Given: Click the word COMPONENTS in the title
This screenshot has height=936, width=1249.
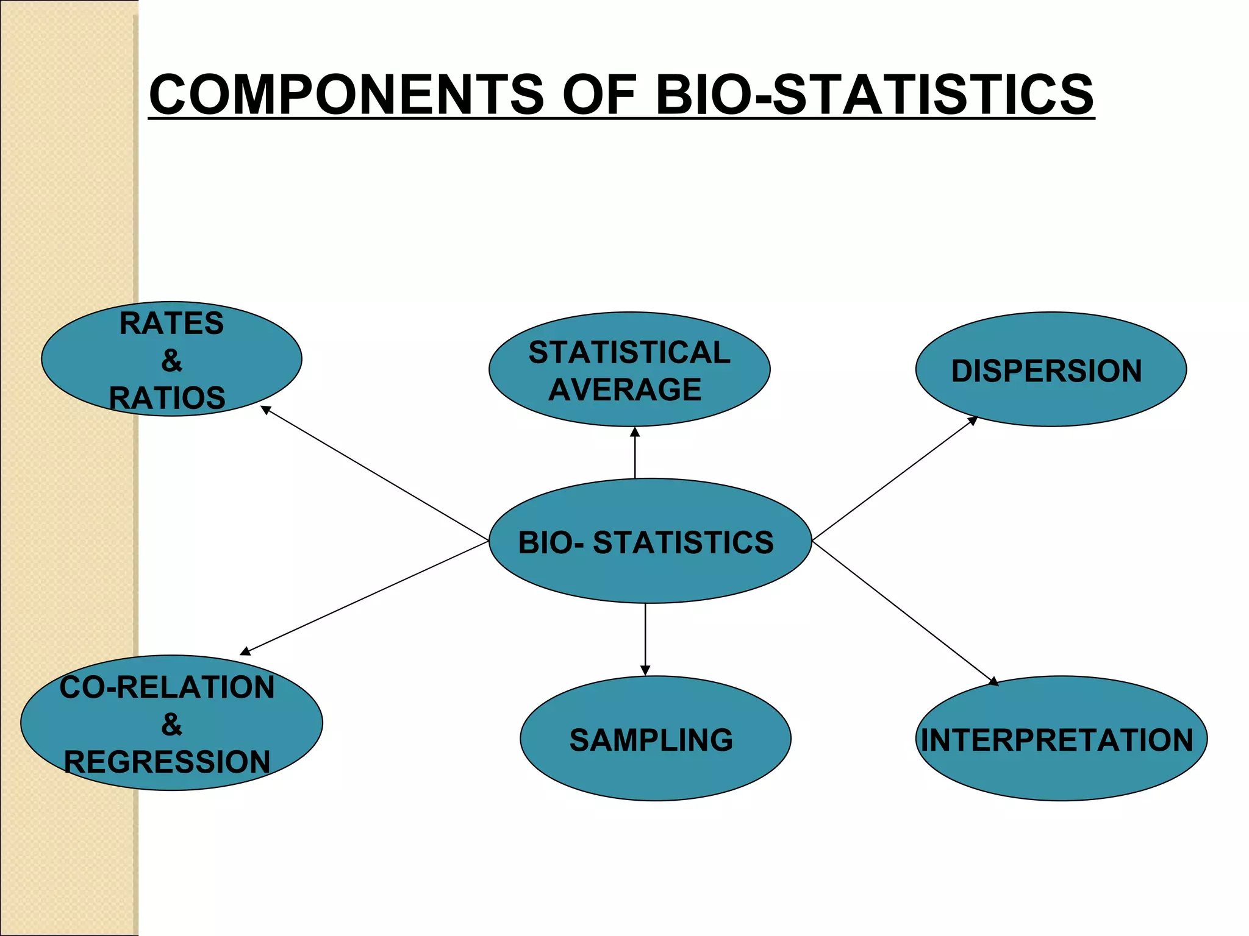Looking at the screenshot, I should tap(346, 94).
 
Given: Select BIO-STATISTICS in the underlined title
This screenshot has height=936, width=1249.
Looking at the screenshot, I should tap(874, 94).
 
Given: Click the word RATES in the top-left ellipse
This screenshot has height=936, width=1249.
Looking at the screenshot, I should tap(171, 323).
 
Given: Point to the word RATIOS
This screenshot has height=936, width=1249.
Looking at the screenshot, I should tap(167, 398).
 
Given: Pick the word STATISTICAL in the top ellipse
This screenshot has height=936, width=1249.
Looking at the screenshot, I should tap(629, 352).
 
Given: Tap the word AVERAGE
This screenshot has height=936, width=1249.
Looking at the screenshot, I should tap(624, 389).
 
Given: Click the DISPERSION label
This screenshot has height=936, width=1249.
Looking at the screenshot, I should tap(1047, 370).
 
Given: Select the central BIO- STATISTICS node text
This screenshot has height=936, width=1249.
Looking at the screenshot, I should tap(646, 542).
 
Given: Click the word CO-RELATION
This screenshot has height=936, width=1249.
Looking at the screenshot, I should tap(167, 687).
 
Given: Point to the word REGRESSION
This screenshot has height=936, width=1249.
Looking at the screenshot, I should tap(167, 762).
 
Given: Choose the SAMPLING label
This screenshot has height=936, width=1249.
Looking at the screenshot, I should tap(651, 740).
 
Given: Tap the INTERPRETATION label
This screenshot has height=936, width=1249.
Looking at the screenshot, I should tap(1057, 740).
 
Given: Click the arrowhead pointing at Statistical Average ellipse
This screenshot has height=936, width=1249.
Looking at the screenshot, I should tap(635, 432).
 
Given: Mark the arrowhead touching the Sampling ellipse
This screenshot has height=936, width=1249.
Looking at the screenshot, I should tap(645, 670).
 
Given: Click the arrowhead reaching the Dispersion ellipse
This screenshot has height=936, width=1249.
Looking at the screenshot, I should tap(973, 420).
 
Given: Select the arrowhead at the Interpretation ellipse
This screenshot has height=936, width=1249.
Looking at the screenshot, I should tap(993, 681).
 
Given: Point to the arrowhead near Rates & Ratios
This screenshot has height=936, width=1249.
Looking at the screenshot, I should tap(266, 410).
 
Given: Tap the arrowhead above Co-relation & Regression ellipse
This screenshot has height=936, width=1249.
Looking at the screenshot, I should tap(245, 651).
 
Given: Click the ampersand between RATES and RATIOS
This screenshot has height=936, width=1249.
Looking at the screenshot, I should tap(171, 361).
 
